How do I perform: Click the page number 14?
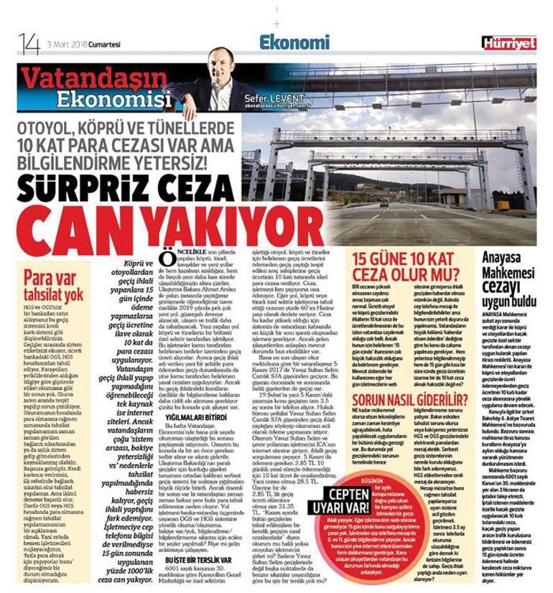29,43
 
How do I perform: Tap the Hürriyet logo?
508,43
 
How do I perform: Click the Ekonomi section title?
294,42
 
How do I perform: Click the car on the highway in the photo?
385,203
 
